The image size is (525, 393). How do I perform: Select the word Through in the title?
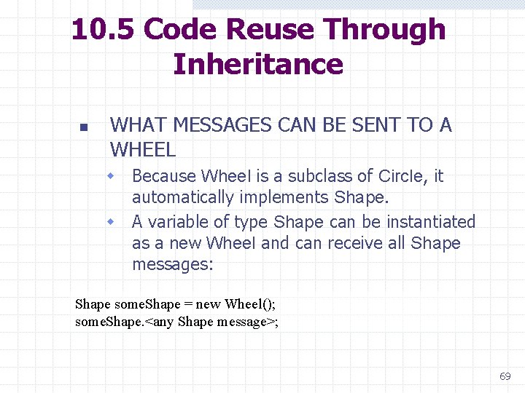(385, 30)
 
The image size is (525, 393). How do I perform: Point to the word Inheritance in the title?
(258, 64)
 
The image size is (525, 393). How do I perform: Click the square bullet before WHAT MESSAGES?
(82, 127)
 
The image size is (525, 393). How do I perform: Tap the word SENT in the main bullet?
(378, 125)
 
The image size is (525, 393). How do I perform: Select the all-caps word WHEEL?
(143, 150)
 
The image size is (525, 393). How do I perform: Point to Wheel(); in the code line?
(252, 304)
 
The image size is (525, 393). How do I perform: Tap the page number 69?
(505, 376)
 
